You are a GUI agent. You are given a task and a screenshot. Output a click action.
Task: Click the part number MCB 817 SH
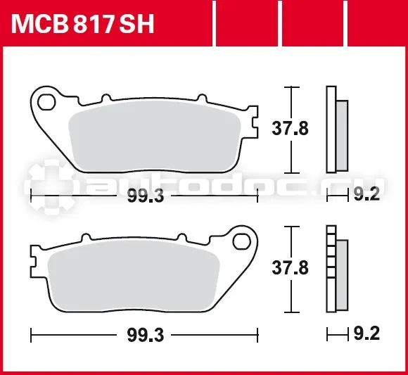tap(82, 24)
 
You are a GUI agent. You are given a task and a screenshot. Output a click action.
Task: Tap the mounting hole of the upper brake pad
tap(46, 103)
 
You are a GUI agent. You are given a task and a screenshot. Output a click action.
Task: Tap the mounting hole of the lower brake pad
tap(242, 242)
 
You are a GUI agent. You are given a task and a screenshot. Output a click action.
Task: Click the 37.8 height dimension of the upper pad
tap(290, 128)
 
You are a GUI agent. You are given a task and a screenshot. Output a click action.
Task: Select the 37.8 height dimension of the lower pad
tap(290, 267)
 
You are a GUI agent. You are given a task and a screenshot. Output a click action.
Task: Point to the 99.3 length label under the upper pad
tap(146, 196)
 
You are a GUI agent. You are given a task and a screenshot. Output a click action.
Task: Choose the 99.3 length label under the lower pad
tap(146, 335)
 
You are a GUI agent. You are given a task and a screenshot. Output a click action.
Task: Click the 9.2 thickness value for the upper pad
tap(366, 194)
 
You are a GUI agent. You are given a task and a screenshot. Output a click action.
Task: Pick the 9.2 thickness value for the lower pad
tap(366, 333)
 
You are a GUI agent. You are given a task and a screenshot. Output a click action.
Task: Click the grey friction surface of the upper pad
tap(155, 136)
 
